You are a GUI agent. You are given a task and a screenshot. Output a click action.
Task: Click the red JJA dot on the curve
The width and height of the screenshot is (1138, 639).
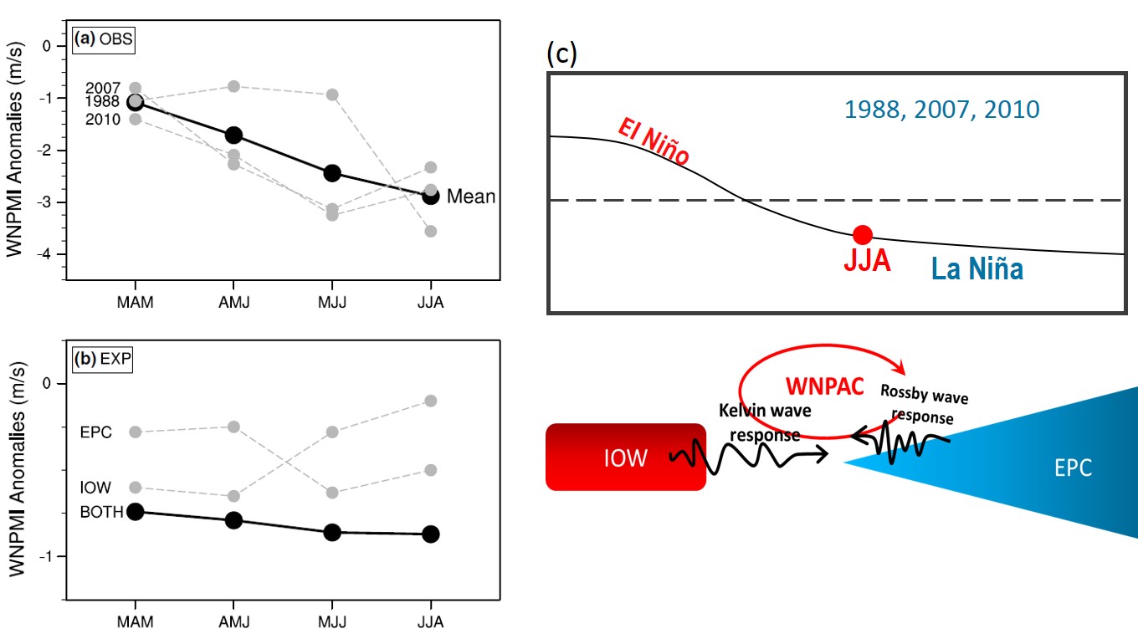[863, 235]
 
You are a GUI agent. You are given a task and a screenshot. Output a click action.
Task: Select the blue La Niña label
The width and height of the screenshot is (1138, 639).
[978, 269]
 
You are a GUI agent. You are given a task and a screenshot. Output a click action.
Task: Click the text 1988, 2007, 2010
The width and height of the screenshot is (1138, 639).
[941, 110]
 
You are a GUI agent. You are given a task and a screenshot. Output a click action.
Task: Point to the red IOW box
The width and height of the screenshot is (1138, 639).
[625, 457]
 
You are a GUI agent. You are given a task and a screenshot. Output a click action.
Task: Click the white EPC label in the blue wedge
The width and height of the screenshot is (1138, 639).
[1073, 468]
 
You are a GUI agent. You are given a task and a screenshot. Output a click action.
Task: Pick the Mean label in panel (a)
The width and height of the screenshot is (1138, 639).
[471, 197]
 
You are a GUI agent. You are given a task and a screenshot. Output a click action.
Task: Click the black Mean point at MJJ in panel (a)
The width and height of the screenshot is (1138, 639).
[332, 173]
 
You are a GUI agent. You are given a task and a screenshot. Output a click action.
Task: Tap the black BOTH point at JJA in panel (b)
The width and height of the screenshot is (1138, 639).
[430, 534]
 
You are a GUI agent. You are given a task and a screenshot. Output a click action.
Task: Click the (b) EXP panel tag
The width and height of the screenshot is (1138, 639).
[104, 360]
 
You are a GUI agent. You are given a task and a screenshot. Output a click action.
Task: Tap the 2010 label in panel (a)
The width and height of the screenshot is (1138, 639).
[102, 120]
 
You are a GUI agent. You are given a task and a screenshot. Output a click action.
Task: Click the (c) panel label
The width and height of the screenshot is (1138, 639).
[561, 54]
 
